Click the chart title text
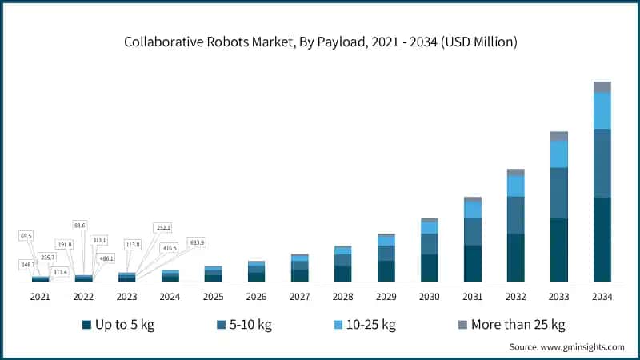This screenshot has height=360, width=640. coord(320,42)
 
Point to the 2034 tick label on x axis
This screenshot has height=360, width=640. coord(602,296)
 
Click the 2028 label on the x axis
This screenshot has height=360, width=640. coord(342,296)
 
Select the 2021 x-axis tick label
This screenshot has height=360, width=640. coord(40,296)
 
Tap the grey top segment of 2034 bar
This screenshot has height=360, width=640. coord(602,86)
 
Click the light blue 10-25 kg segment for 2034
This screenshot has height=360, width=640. coord(602,110)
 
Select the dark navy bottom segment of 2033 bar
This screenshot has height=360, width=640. coord(558,250)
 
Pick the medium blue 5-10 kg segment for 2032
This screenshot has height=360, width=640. coord(515,214)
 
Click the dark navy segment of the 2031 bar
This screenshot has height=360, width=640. coord(473,262)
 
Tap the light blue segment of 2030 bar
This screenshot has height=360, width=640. coord(430,227)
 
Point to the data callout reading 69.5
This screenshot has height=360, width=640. coord(27,236)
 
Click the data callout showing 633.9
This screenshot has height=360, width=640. coord(196,242)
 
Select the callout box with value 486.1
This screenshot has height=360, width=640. coord(106,258)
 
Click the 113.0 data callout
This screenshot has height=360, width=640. coord(133,244)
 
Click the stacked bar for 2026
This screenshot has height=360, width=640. coord(256,272)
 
